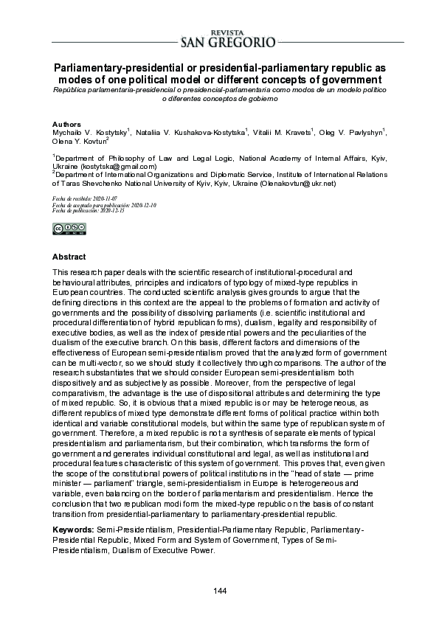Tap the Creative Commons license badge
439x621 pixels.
pos(65,229)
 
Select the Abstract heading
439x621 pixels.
pos(69,257)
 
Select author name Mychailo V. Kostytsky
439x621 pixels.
pos(89,132)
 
